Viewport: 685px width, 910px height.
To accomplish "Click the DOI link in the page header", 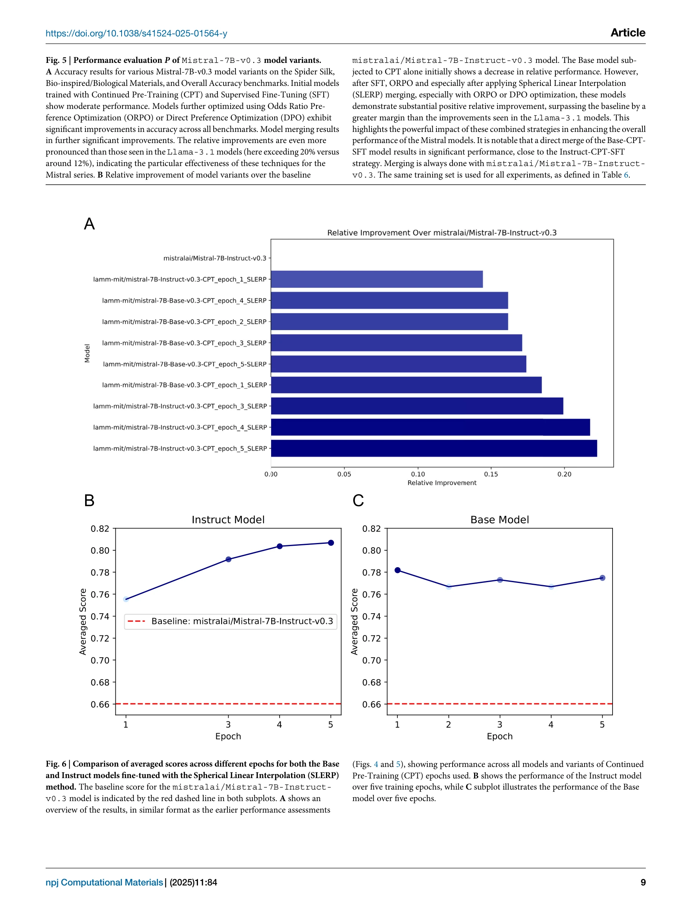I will pyautogui.click(x=136, y=33).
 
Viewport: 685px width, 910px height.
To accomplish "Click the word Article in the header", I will pyautogui.click(x=627, y=33).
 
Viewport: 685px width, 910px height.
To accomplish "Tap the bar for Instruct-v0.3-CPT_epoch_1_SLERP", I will pyautogui.click(x=376, y=279).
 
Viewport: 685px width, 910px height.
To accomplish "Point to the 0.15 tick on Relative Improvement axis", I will pyautogui.click(x=491, y=474).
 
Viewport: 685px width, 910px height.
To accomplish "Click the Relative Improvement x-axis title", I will pyautogui.click(x=442, y=483).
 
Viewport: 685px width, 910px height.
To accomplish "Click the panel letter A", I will pyautogui.click(x=89, y=224).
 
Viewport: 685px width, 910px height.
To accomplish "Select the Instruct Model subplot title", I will pyautogui.click(x=228, y=520).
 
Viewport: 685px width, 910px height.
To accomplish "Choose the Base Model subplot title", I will pyautogui.click(x=499, y=520).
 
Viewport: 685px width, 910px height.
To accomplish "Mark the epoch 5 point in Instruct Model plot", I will pyautogui.click(x=331, y=543).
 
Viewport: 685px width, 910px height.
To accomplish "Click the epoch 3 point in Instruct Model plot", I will pyautogui.click(x=228, y=559).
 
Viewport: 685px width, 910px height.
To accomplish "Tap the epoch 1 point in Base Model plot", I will pyautogui.click(x=397, y=570).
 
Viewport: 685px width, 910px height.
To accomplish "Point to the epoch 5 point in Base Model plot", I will pyautogui.click(x=602, y=578).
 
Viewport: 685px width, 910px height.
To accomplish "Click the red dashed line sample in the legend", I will pyautogui.click(x=137, y=621).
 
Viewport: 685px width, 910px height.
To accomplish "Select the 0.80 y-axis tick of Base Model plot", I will pyautogui.click(x=372, y=550).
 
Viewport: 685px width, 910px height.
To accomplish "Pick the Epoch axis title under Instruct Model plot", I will pyautogui.click(x=228, y=736).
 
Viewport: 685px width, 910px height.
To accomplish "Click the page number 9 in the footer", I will pyautogui.click(x=643, y=882).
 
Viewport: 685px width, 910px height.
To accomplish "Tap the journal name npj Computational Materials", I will pyautogui.click(x=104, y=882).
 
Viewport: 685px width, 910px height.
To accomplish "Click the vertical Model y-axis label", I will pyautogui.click(x=87, y=353).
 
